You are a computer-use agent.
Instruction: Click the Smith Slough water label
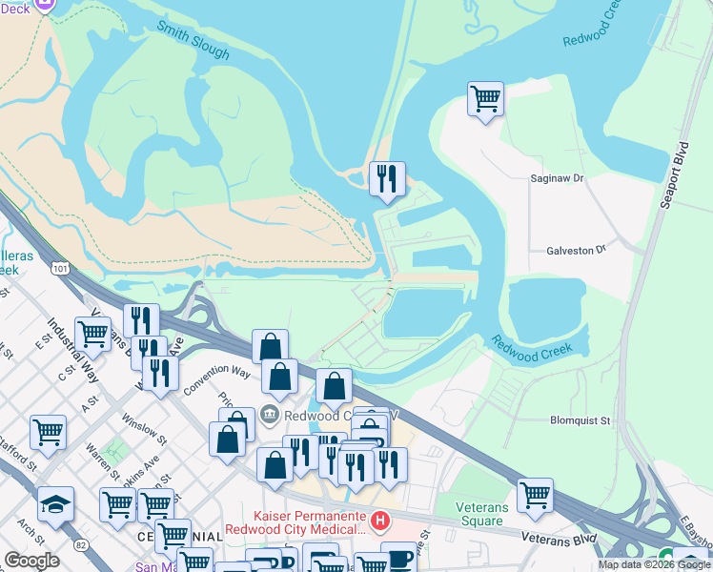coord(194,40)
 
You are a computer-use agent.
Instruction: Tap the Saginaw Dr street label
coord(557,178)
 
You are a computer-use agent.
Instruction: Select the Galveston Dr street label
coord(576,250)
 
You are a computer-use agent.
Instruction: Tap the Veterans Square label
coord(479,513)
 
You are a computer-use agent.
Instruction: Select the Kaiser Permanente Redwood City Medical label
coord(295,521)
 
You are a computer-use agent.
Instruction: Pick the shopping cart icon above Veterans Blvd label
coord(536,494)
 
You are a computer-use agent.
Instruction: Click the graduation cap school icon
coord(56,503)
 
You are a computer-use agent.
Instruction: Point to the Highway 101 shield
coord(62,270)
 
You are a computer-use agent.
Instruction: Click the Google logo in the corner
coord(31,561)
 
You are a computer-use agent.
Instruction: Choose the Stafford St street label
coord(19,455)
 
